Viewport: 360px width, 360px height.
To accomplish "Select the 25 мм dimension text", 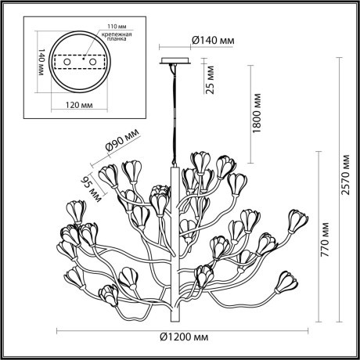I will pyautogui.click(x=209, y=81).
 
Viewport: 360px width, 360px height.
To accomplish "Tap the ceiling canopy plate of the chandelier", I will pyautogui.click(x=174, y=61).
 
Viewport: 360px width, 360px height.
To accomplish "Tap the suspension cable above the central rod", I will pyautogui.click(x=174, y=110).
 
